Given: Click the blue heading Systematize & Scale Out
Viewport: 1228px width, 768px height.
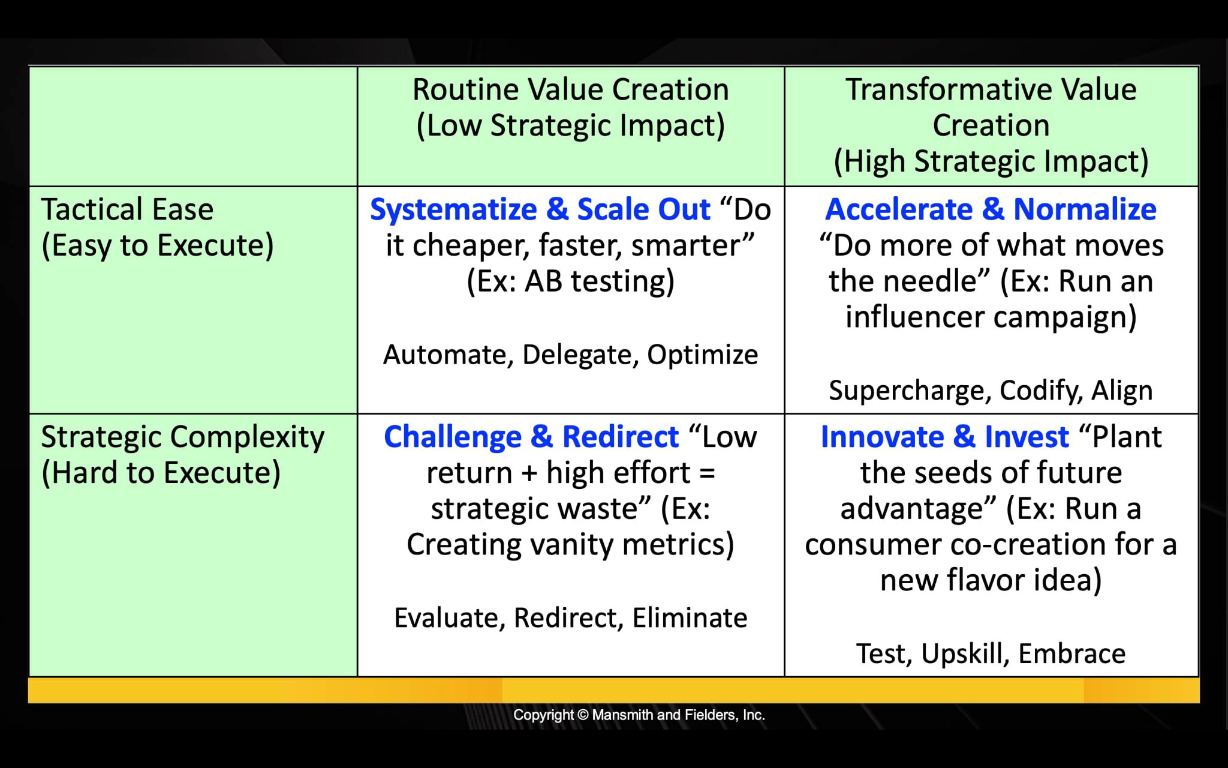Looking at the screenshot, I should tap(540, 209).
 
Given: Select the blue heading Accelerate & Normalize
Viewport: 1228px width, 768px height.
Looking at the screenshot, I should tap(991, 209).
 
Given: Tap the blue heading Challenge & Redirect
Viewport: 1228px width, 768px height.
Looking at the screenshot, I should tap(531, 437).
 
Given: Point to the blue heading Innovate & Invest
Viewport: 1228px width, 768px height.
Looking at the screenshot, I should tap(944, 437).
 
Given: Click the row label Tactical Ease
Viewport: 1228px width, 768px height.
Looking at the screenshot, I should tap(127, 209).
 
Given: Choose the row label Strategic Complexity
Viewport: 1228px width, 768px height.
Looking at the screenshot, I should tap(183, 437).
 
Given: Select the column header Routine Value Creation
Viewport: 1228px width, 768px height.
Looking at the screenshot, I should tap(570, 90).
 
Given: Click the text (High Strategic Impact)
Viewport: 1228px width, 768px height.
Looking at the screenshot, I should tap(991, 161).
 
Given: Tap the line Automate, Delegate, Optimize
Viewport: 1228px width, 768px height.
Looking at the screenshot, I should tap(570, 355).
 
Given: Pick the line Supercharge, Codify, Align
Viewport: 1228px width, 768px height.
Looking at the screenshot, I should tap(991, 391).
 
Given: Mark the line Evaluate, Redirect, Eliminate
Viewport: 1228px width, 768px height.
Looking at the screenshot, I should tap(570, 618).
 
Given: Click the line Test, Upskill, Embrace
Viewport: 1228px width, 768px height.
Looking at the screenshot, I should tap(991, 654).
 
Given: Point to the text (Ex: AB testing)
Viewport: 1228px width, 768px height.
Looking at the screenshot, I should tap(570, 281).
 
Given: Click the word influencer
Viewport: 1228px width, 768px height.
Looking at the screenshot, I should tap(917, 317).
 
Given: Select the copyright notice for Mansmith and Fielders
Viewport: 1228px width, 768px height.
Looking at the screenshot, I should tap(639, 715).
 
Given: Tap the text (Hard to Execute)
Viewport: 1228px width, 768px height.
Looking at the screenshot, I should tap(161, 473).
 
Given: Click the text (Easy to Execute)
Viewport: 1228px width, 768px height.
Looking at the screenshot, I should tap(157, 245).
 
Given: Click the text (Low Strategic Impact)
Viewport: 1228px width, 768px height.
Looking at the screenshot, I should tap(570, 126).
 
